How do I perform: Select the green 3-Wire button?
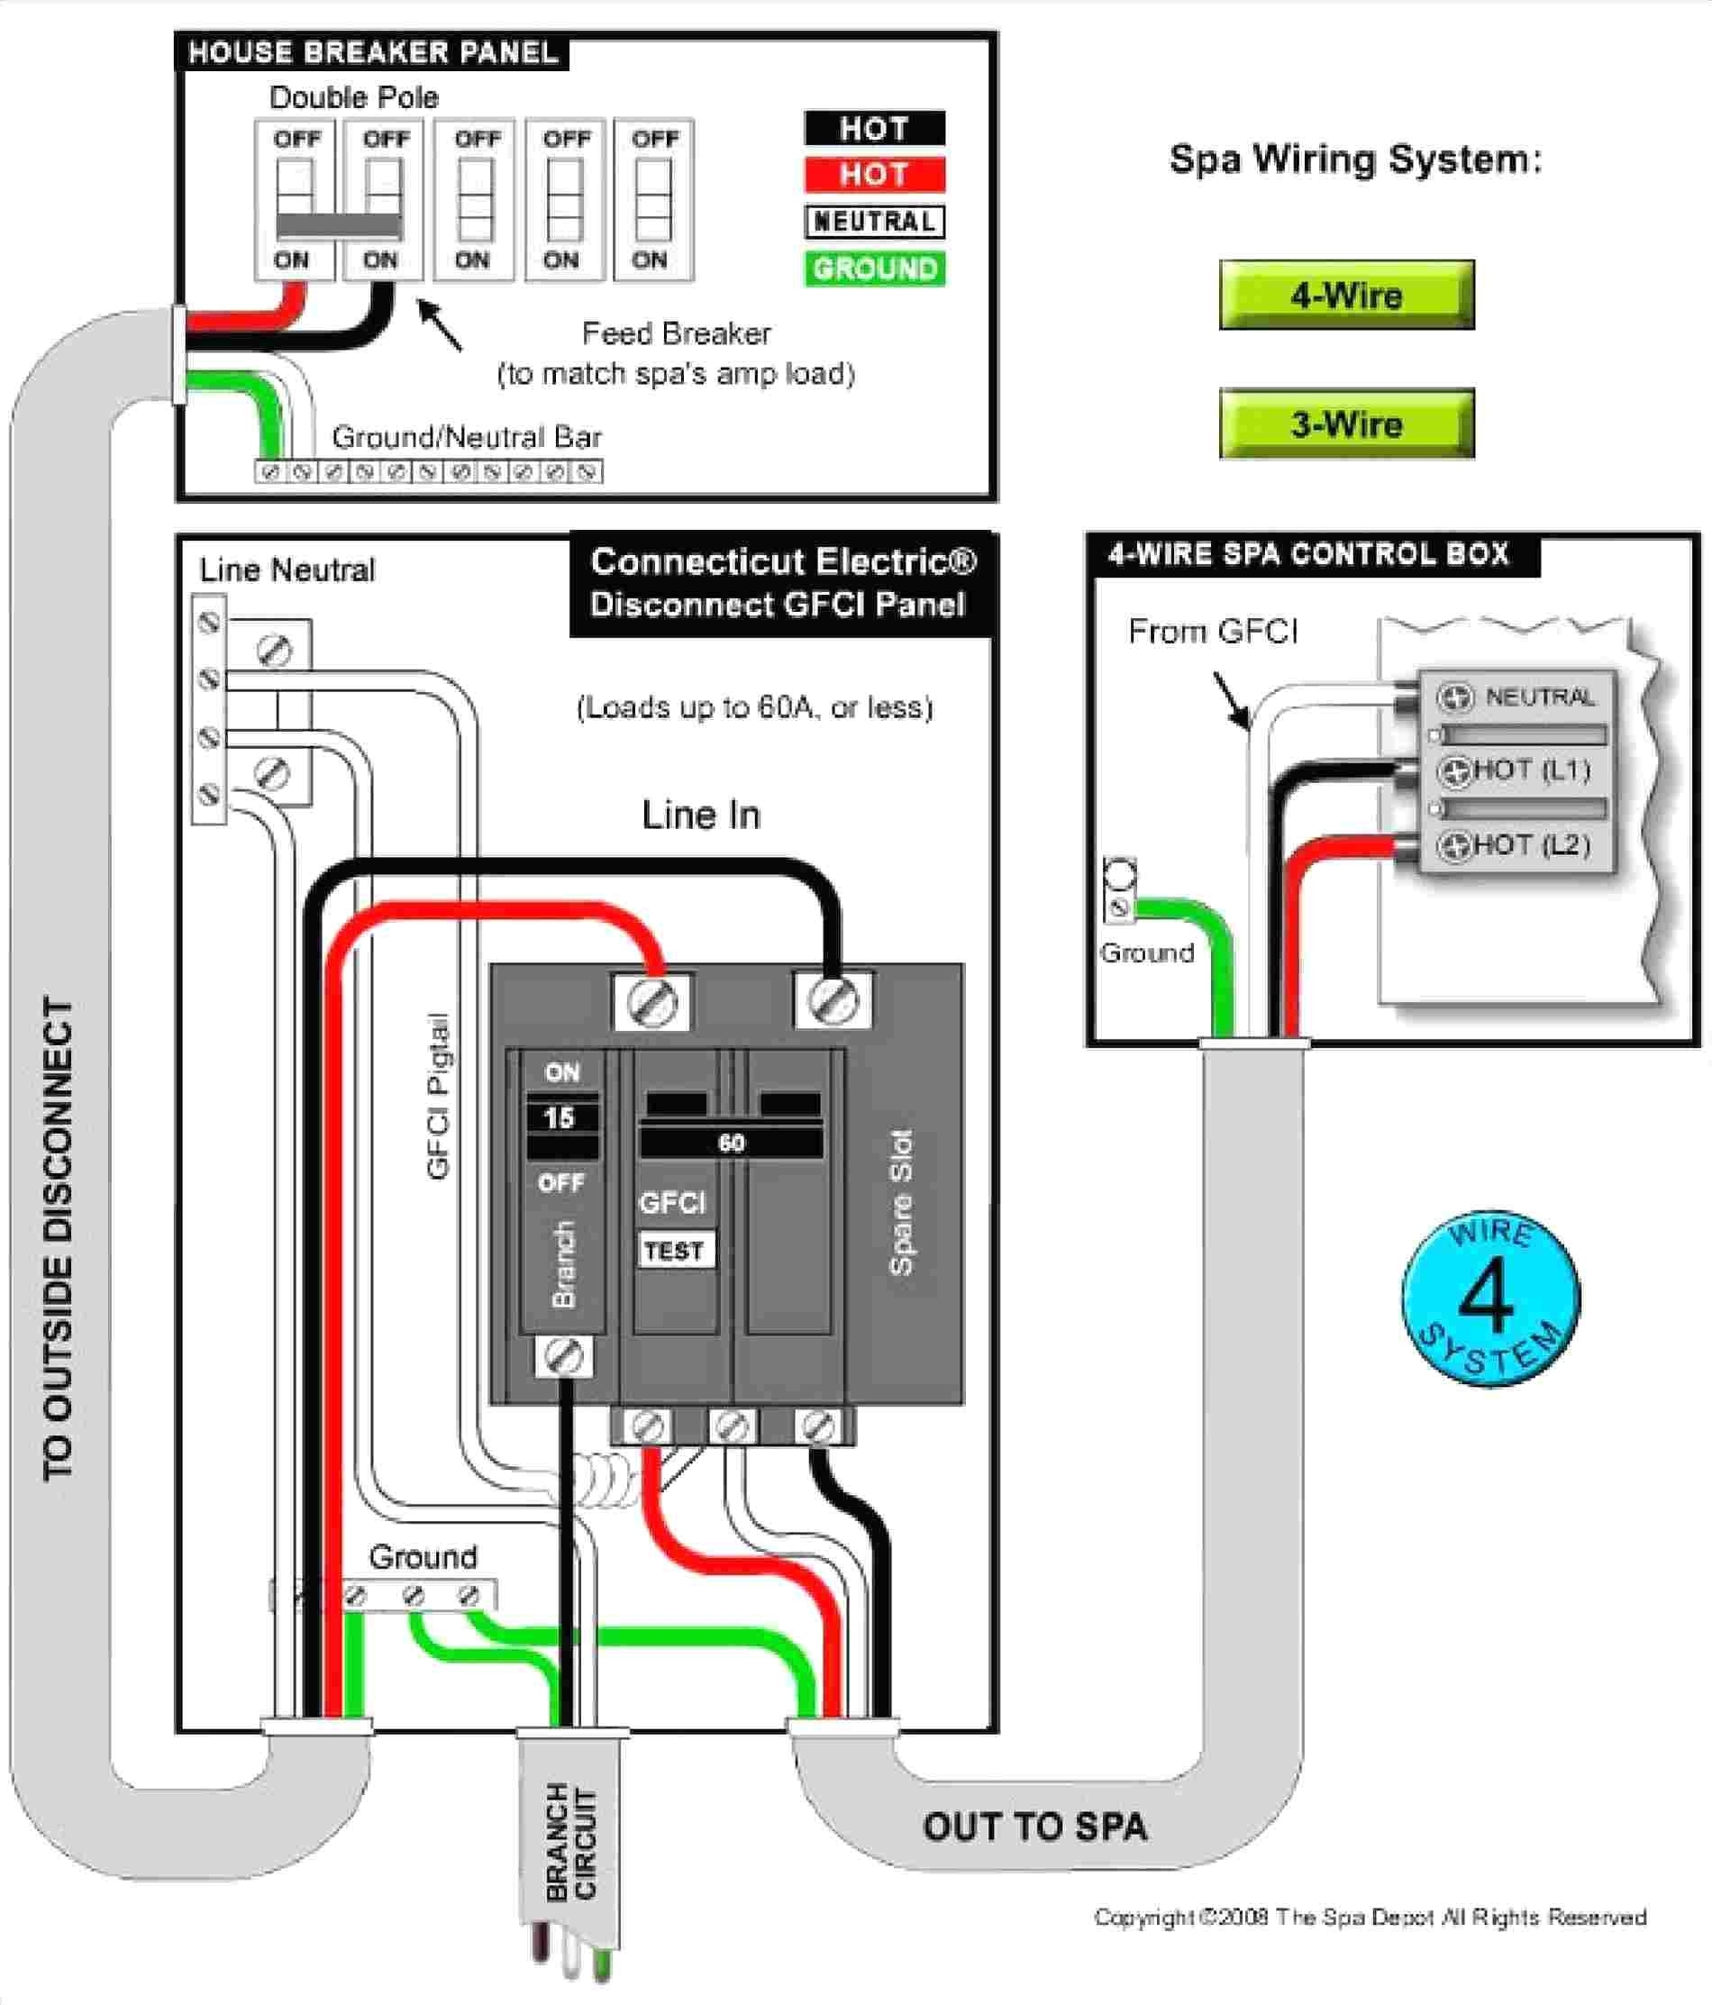tap(1346, 424)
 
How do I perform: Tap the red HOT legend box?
tap(874, 175)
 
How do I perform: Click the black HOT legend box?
tap(874, 129)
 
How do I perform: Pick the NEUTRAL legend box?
tap(874, 222)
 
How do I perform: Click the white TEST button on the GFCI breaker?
tap(675, 1250)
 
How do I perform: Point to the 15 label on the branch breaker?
tap(560, 1118)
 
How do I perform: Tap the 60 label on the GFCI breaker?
tap(732, 1143)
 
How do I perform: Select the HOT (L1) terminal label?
tap(1532, 770)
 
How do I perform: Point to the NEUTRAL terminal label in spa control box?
tap(1539, 697)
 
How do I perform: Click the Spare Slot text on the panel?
tap(901, 1203)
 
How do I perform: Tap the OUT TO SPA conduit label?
tap(1034, 1827)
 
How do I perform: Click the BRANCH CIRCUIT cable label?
tap(571, 1843)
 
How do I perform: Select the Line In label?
tap(701, 815)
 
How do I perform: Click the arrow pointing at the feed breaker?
tap(440, 325)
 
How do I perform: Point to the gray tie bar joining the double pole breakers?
tap(339, 225)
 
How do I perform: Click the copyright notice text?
tap(1370, 1917)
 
